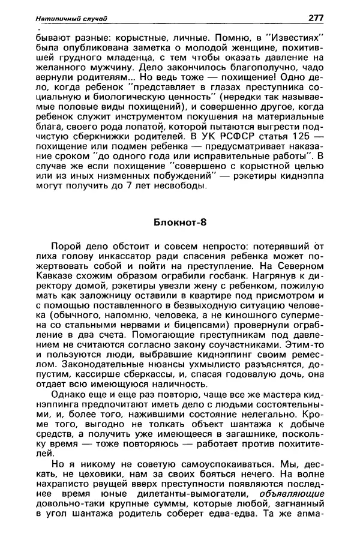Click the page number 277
click(x=316, y=19)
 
